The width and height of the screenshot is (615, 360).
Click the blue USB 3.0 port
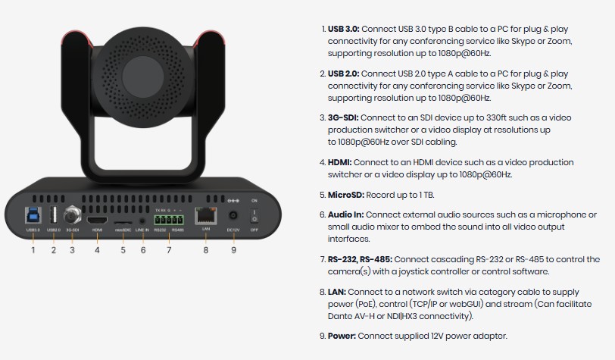point(33,215)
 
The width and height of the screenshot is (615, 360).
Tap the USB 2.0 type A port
point(54,215)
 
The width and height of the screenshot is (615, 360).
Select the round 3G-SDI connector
point(72,214)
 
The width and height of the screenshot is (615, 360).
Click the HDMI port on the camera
point(97,220)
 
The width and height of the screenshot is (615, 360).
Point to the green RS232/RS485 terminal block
point(169,220)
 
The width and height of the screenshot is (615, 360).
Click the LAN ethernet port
point(205,215)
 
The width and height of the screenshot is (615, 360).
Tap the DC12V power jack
point(233,215)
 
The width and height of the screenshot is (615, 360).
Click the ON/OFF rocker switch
point(254,215)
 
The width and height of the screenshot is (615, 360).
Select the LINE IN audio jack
point(142,221)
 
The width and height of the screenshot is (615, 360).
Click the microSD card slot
point(123,222)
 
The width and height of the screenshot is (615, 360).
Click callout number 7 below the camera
point(169,250)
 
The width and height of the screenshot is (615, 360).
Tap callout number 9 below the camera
point(234,250)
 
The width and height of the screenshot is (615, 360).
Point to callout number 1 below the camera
point(33,250)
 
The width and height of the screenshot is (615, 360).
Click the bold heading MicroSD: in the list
point(346,195)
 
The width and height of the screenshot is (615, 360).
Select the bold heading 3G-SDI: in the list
point(343,117)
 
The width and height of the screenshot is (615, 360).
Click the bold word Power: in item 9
point(342,336)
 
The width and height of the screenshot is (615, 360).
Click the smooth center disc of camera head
point(142,77)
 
